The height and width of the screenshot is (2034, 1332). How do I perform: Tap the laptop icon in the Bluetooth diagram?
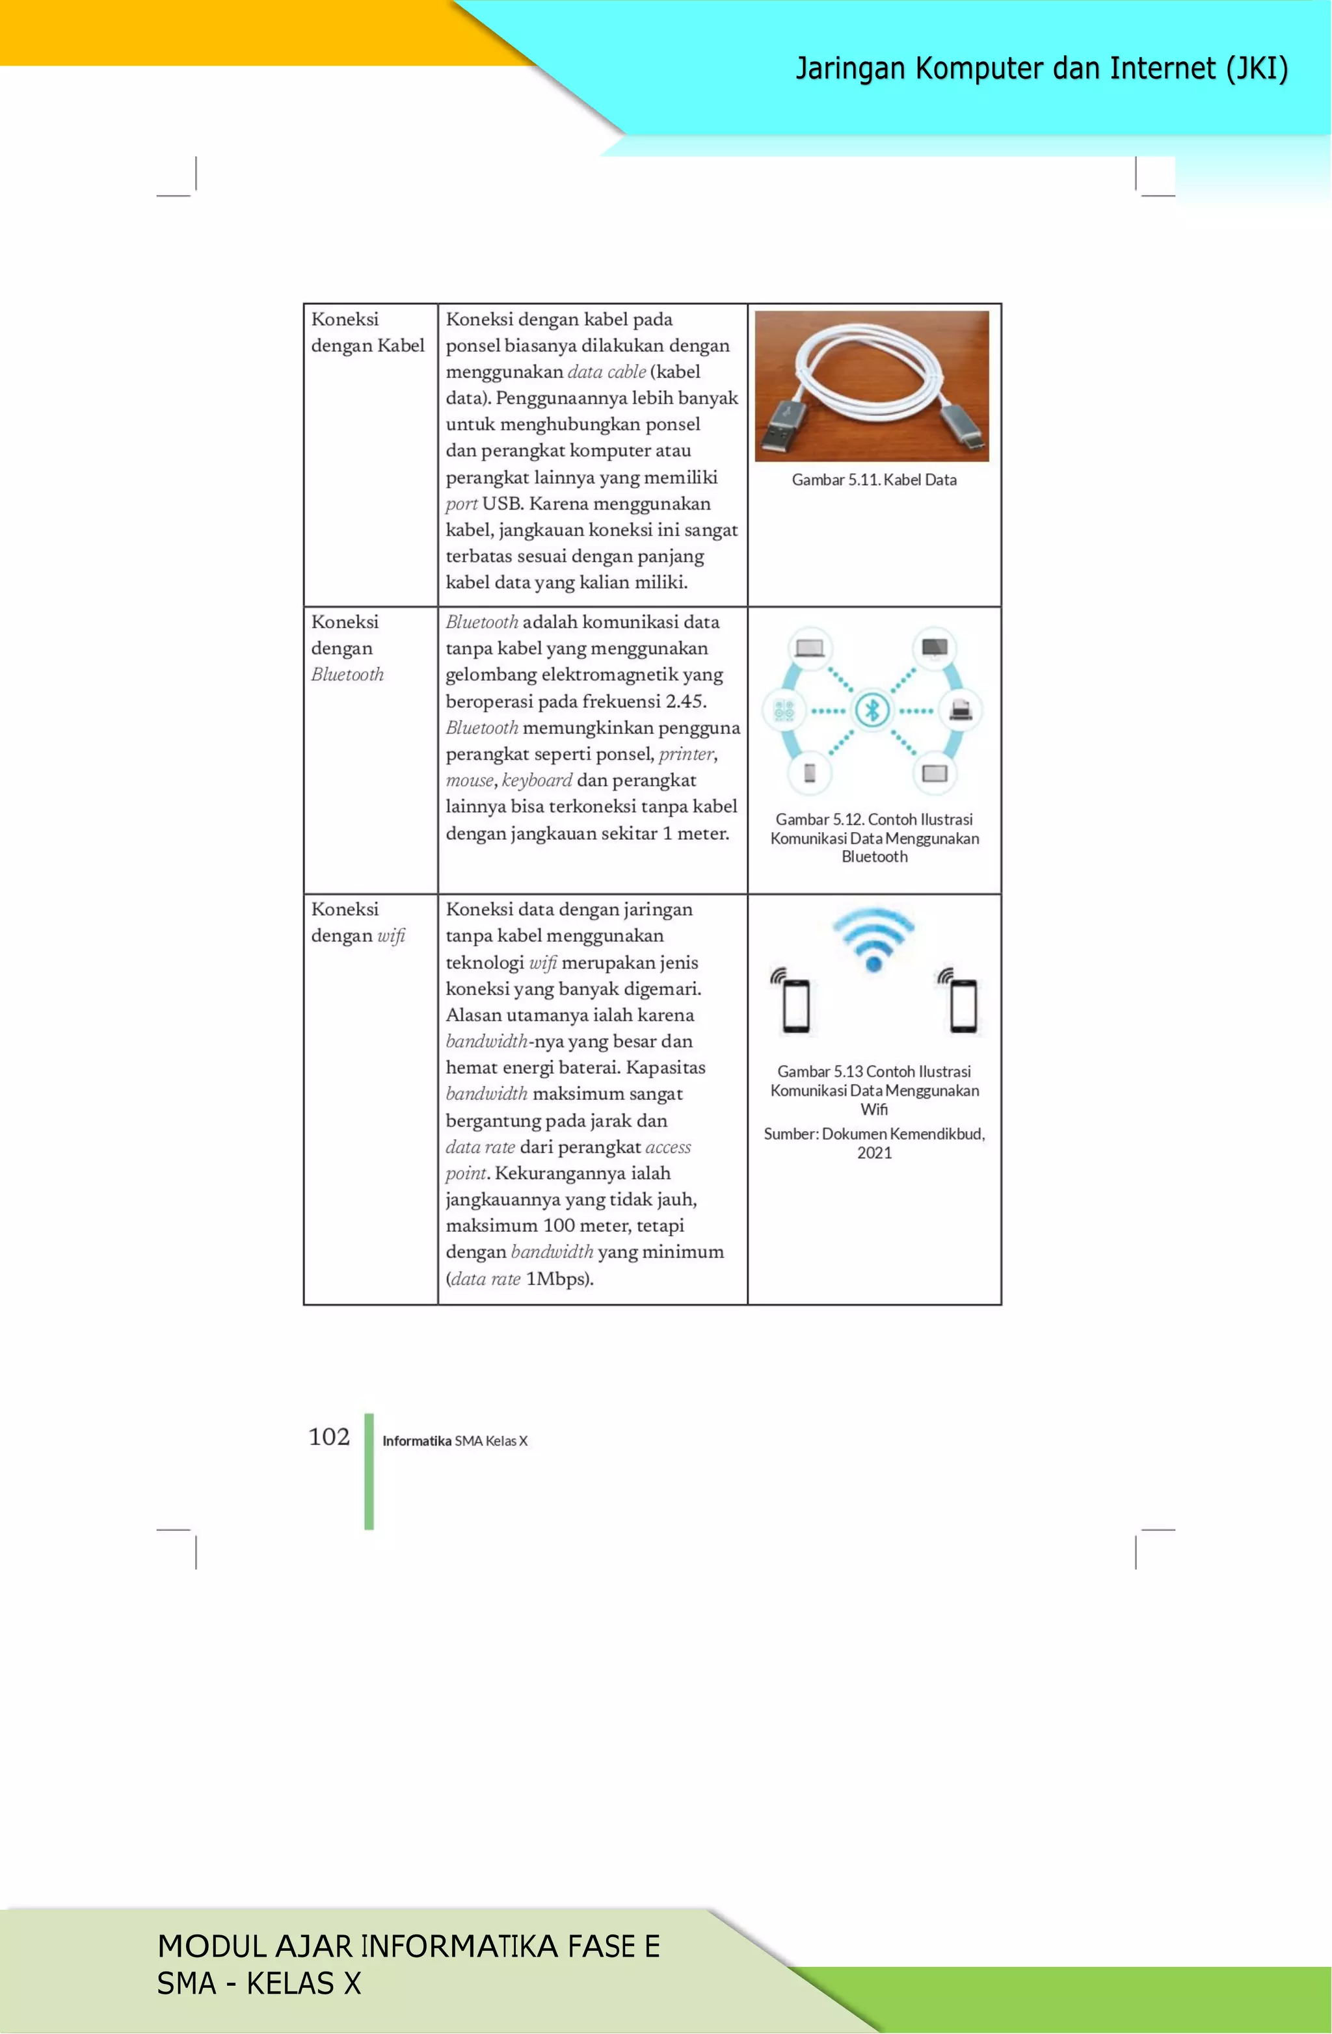(x=809, y=649)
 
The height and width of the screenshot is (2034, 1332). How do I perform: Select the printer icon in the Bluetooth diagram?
(x=960, y=709)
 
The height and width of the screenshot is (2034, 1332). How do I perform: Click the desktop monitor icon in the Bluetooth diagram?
(x=935, y=649)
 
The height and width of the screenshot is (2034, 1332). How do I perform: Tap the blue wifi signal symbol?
(x=873, y=939)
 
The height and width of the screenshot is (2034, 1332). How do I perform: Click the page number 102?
(x=329, y=1437)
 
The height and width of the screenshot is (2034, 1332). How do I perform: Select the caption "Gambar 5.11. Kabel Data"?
(x=873, y=480)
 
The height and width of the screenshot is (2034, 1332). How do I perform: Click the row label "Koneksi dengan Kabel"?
(x=367, y=332)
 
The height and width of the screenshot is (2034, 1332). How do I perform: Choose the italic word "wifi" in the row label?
(x=392, y=936)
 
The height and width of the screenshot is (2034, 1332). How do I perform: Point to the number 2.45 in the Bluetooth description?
(x=685, y=701)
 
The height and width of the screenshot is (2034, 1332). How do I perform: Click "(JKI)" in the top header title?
(x=1256, y=68)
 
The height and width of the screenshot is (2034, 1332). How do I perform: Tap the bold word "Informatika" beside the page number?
(x=416, y=1441)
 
